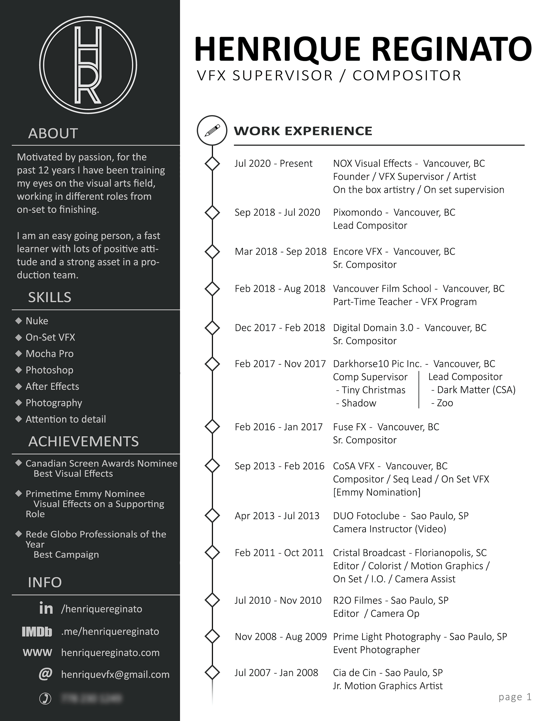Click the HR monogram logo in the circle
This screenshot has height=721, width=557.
click(x=88, y=65)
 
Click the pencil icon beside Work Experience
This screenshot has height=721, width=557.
click(x=212, y=130)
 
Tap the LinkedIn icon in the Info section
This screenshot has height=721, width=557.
click(x=46, y=608)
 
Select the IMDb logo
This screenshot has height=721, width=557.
click(x=37, y=632)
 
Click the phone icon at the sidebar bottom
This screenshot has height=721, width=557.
click(x=45, y=699)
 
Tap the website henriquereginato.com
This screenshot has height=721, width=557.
click(x=110, y=652)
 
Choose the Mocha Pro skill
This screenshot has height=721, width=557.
click(x=50, y=354)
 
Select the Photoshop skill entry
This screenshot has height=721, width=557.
click(x=50, y=370)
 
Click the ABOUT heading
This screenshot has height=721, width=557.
click(x=53, y=133)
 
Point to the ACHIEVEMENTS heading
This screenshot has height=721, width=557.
click(x=83, y=441)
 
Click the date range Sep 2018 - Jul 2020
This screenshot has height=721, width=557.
click(x=277, y=212)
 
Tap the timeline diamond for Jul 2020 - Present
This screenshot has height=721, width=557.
click(x=212, y=163)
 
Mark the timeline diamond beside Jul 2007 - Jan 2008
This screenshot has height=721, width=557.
click(x=212, y=673)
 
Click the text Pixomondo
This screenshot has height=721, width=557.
click(x=357, y=212)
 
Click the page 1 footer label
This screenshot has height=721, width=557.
click(x=515, y=697)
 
